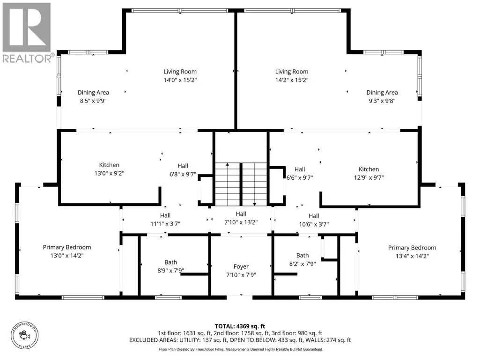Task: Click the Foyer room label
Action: click(x=241, y=267)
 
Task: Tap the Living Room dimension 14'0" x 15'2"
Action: click(x=180, y=80)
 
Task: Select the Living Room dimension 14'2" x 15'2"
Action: click(x=292, y=80)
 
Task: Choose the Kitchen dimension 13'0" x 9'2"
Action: click(x=109, y=173)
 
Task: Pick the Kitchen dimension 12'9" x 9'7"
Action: click(x=369, y=177)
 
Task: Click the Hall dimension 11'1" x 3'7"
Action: click(x=165, y=224)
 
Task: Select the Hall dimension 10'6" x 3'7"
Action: click(x=314, y=224)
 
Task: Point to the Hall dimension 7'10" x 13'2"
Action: click(x=241, y=222)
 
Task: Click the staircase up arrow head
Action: click(x=228, y=165)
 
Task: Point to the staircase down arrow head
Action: click(x=255, y=204)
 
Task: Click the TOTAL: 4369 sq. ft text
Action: click(x=240, y=326)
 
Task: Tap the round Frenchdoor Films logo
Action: click(x=25, y=336)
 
